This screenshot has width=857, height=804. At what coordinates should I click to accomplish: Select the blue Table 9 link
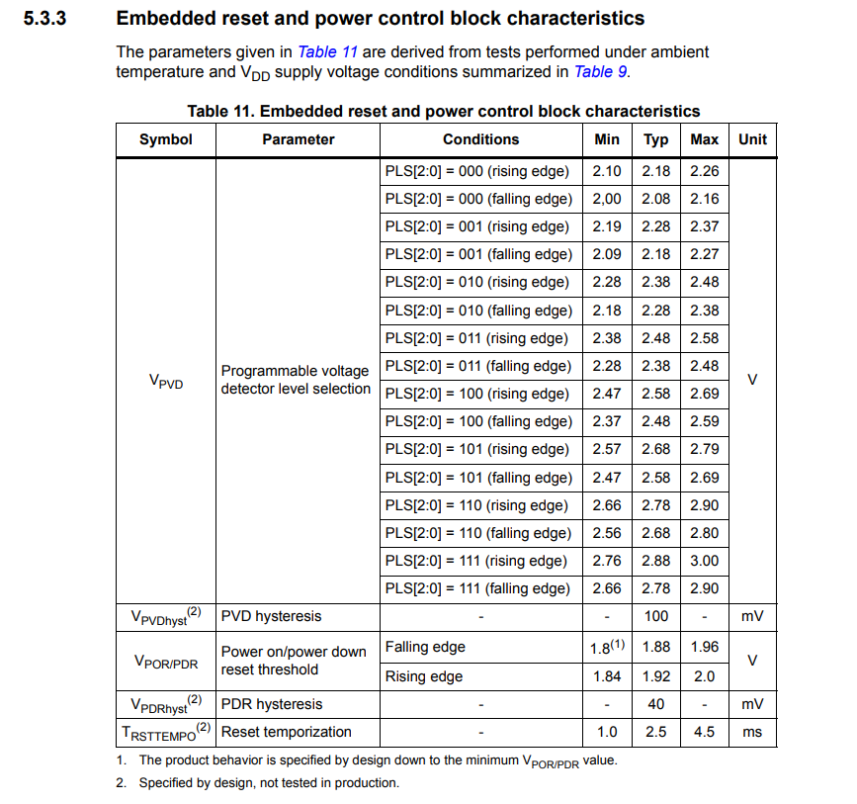click(600, 71)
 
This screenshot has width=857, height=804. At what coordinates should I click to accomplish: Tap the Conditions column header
click(480, 139)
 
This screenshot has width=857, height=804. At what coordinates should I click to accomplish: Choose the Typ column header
click(655, 139)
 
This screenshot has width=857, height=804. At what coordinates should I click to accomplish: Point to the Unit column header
click(752, 139)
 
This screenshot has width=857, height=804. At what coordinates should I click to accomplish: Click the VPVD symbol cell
click(166, 381)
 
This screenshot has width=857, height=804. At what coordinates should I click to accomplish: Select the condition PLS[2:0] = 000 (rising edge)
click(477, 171)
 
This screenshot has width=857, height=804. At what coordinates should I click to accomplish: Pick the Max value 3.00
click(704, 561)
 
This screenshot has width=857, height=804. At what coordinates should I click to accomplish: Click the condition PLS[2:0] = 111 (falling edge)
click(478, 588)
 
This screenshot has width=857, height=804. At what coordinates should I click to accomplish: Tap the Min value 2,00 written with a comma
click(607, 199)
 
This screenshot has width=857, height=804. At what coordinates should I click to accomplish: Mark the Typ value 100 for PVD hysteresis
click(655, 616)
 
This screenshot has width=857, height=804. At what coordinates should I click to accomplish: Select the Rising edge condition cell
click(424, 676)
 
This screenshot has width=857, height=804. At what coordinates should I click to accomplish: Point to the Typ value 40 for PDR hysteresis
click(655, 704)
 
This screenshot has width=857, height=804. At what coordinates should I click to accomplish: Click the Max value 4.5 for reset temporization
click(704, 732)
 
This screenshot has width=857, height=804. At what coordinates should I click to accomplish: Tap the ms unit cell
click(752, 732)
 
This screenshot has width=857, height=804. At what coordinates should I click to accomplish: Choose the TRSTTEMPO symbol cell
click(166, 732)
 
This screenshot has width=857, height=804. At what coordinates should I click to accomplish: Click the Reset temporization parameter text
click(286, 732)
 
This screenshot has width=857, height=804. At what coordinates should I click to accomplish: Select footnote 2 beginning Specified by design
click(268, 783)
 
